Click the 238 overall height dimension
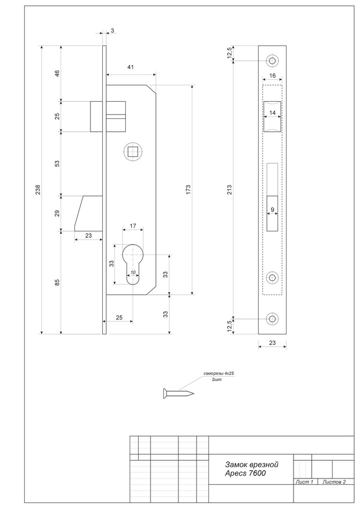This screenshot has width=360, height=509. point(37,190)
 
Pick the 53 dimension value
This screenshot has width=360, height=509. point(58,163)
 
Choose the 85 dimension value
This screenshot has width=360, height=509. point(58,282)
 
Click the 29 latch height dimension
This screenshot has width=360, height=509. point(58,213)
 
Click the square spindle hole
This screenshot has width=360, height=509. point(131,152)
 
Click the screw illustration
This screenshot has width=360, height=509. point(177,394)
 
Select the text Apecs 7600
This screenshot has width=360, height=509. point(246,474)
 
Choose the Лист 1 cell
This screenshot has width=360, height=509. point(305,483)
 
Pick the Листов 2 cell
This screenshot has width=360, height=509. point(334,483)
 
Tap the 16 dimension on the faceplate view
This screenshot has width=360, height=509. point(272,76)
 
